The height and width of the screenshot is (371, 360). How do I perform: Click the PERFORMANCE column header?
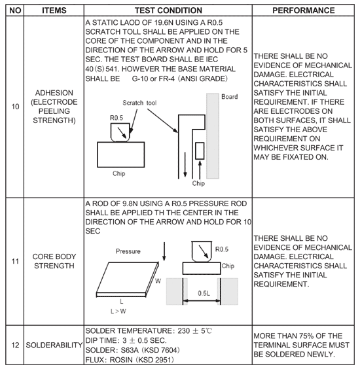tap(304, 10)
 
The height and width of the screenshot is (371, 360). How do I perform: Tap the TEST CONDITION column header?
tap(168, 10)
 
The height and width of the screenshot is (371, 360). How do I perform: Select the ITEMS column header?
tap(54, 10)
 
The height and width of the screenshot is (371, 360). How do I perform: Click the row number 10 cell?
tap(15, 107)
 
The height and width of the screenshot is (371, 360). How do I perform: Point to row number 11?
tap(15, 261)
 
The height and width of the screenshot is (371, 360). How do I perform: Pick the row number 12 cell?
tap(15, 345)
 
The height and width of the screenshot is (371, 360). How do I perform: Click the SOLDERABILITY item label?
tap(54, 345)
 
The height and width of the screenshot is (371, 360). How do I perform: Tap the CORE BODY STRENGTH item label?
tap(54, 261)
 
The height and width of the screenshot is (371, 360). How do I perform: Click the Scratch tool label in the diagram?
tap(139, 103)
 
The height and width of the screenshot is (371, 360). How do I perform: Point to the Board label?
tap(229, 97)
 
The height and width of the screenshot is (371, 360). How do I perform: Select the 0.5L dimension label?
tap(204, 293)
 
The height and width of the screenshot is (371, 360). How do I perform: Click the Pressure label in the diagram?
tap(128, 251)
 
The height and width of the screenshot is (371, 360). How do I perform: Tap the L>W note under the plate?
tap(118, 311)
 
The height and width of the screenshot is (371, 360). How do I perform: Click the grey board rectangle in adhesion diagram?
tap(213, 136)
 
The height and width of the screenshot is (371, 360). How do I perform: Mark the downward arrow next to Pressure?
tap(164, 251)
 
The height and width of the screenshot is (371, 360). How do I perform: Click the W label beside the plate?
tap(158, 281)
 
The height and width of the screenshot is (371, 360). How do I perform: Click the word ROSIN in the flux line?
tap(121, 360)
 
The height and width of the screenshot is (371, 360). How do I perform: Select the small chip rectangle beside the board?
tap(200, 150)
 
